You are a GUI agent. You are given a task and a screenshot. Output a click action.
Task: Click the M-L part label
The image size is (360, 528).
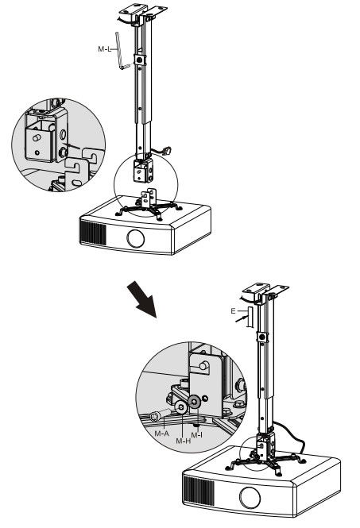pyautogui.click(x=104, y=49)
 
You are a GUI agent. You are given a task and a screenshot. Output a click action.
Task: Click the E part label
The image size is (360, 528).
pyautogui.click(x=234, y=311)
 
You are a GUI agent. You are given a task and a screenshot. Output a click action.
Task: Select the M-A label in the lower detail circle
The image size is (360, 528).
pyautogui.click(x=161, y=434)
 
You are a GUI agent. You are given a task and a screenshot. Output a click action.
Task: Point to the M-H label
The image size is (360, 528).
pyautogui.click(x=183, y=441)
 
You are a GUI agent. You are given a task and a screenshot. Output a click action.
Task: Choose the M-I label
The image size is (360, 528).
pyautogui.click(x=197, y=435)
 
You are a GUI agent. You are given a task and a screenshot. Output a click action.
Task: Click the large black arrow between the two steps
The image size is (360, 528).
pyautogui.click(x=142, y=299)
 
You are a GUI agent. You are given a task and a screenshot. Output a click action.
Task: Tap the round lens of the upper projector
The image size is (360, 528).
pyautogui.click(x=136, y=239)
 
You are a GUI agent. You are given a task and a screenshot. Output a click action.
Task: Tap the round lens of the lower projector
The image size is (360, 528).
pyautogui.click(x=250, y=497)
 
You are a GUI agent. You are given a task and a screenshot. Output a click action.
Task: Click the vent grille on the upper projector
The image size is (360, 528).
pyautogui.click(x=92, y=232)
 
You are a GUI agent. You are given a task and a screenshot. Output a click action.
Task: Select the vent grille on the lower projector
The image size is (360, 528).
pyautogui.click(x=199, y=491)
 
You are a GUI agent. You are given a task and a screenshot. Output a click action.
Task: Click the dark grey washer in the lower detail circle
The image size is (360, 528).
pyautogui.click(x=195, y=401)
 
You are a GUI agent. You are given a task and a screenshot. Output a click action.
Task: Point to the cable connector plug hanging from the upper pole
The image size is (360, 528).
pyautogui.click(x=167, y=151)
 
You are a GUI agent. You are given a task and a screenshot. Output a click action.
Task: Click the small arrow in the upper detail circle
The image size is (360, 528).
pyautogui.click(x=73, y=146)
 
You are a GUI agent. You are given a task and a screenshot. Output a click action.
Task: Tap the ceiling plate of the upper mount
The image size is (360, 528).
pyautogui.click(x=143, y=13)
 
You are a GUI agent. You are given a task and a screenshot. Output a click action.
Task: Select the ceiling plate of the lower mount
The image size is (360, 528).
pyautogui.click(x=265, y=291)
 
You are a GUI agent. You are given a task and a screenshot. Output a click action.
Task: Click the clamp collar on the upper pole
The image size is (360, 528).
pyautogui.click(x=139, y=60)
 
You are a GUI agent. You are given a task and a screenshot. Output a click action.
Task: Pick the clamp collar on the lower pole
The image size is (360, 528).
pyautogui.click(x=262, y=337)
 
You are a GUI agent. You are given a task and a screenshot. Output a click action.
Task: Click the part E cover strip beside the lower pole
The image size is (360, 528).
pyautogui.click(x=250, y=317)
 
